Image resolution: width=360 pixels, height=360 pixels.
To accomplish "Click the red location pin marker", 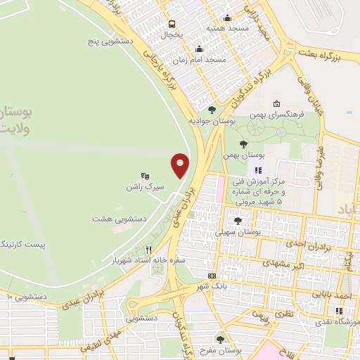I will click(x=180, y=164).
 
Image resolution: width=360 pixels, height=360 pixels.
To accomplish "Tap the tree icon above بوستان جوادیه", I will click(x=212, y=110).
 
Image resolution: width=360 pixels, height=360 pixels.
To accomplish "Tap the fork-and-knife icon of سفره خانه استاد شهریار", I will click(x=148, y=250).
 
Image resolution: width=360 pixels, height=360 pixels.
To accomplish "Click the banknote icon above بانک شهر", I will click(x=212, y=275).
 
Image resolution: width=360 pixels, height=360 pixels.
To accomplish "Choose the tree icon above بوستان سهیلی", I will click(x=238, y=220).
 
